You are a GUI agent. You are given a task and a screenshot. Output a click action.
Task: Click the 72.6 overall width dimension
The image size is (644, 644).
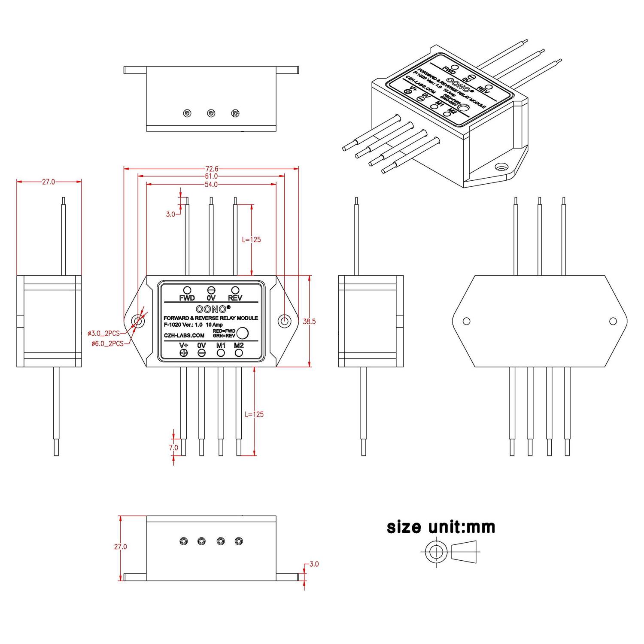pyautogui.click(x=211, y=169)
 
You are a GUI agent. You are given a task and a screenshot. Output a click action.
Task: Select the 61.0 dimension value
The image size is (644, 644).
pyautogui.click(x=211, y=176)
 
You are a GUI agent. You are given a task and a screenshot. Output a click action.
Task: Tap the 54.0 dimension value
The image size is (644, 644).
pyautogui.click(x=211, y=185)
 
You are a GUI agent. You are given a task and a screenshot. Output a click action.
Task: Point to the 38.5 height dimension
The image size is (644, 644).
pyautogui.click(x=309, y=321)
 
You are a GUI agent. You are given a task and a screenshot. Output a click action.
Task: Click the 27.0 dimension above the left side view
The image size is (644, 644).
pyautogui.click(x=49, y=182)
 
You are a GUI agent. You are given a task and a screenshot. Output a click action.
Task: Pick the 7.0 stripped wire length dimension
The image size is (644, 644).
pyautogui.click(x=173, y=447)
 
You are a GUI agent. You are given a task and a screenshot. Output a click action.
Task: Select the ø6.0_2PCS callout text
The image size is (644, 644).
pyautogui.click(x=107, y=343)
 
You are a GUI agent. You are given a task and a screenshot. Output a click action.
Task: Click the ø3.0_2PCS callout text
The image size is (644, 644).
pyautogui.click(x=103, y=333)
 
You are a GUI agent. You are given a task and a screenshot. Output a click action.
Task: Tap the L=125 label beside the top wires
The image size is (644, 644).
pyautogui.click(x=251, y=240)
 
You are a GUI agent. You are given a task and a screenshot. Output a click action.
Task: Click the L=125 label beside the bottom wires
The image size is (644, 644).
pyautogui.click(x=254, y=414)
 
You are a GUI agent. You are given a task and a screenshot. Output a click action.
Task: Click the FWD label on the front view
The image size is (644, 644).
pyautogui.click(x=187, y=298)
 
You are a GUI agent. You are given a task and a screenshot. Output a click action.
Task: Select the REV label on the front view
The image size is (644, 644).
pyautogui.click(x=235, y=298)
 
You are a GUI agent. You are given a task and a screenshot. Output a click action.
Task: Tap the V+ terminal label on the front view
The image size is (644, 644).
pyautogui.click(x=184, y=346)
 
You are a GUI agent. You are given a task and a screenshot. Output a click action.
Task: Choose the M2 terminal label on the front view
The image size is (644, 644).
pyautogui.click(x=239, y=346)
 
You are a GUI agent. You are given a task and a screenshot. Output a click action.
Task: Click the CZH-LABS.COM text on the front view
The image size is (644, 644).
pyautogui.click(x=184, y=335)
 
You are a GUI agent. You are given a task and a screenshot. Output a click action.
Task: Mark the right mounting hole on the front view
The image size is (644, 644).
pyautogui.click(x=284, y=321)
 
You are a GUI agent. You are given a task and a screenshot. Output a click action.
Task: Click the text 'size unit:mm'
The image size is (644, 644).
pyautogui.click(x=441, y=527)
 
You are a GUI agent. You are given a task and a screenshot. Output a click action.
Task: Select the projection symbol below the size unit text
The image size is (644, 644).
pyautogui.click(x=451, y=552)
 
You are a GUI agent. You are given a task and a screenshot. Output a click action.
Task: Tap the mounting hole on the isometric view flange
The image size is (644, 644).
pyautogui.click(x=500, y=167)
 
